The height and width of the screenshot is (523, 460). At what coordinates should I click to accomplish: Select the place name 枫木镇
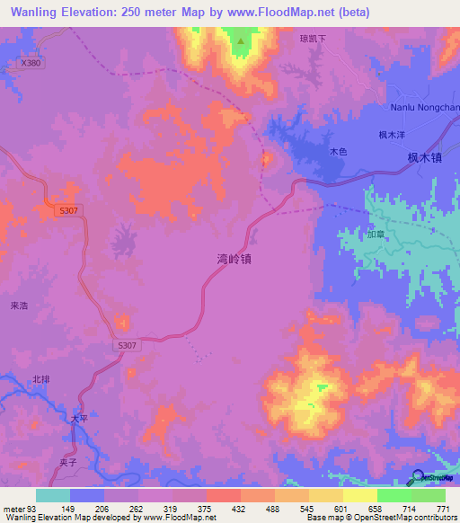(424, 157)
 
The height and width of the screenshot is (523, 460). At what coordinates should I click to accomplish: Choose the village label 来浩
(20, 306)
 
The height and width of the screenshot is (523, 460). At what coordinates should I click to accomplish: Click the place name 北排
(41, 380)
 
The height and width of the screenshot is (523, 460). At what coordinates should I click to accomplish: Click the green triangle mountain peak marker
(240, 40)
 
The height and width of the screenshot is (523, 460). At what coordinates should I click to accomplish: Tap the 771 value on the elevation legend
(443, 509)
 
